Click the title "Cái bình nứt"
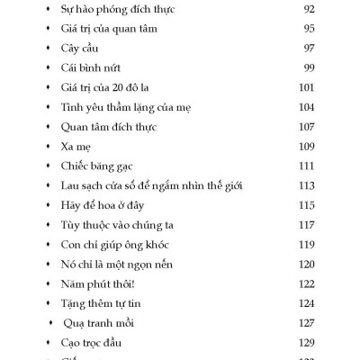click(x=91, y=67)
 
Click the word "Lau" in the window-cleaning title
click(x=72, y=185)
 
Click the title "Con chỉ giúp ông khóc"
click(x=114, y=244)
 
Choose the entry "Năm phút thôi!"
click(x=95, y=283)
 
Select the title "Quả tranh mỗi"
click(x=101, y=323)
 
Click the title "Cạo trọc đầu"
click(x=93, y=343)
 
